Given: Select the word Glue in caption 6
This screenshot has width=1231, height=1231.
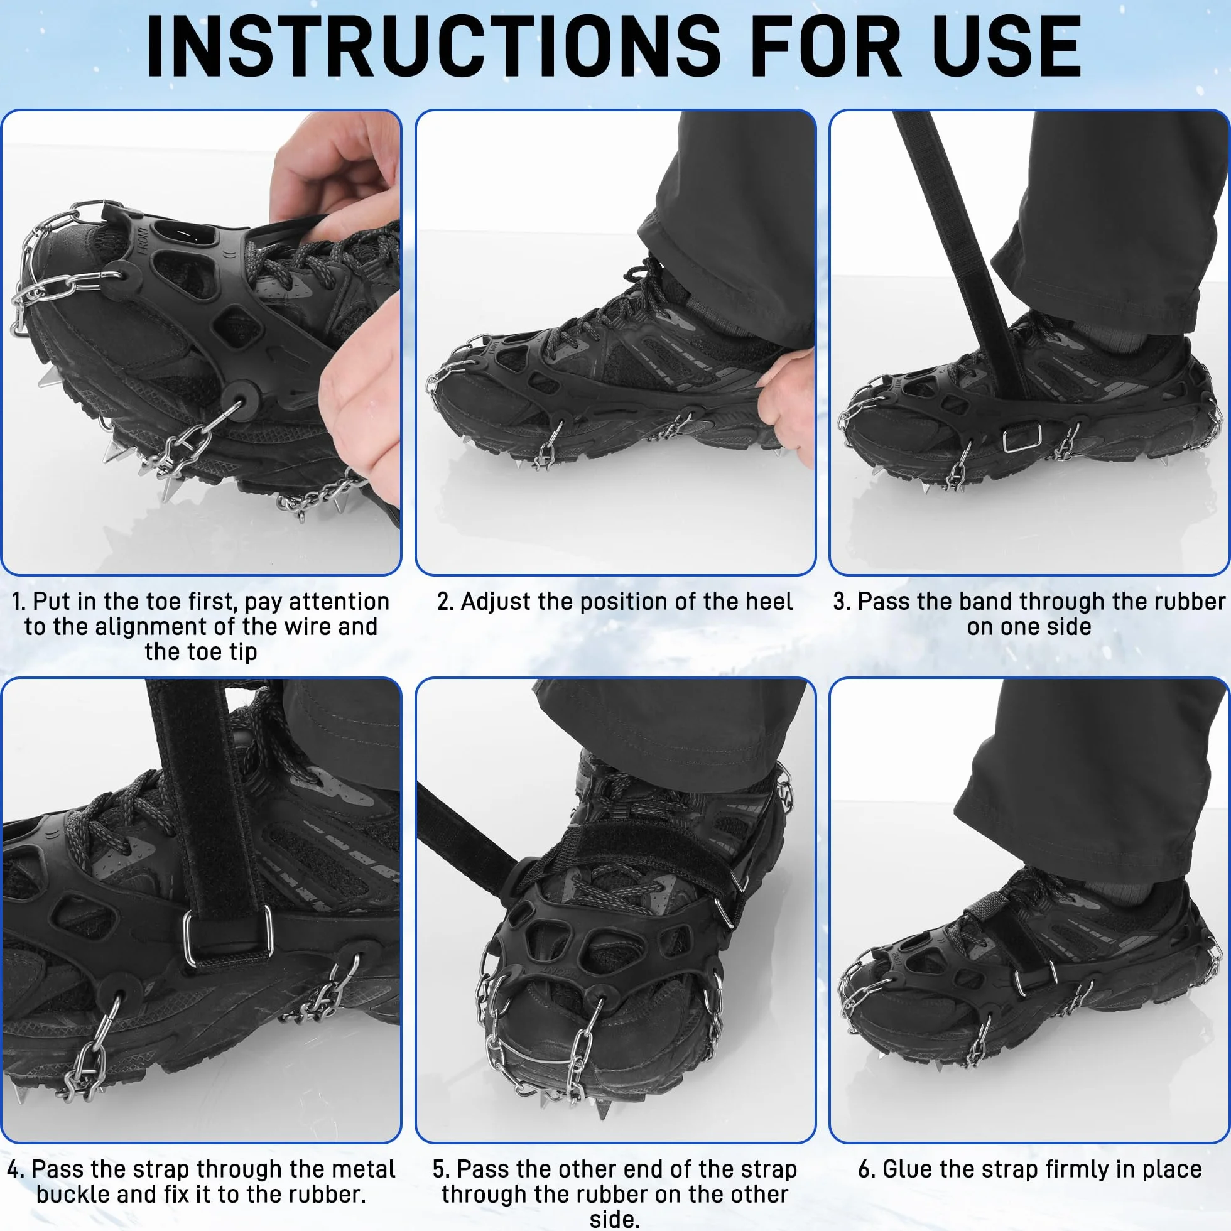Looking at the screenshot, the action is (910, 1169).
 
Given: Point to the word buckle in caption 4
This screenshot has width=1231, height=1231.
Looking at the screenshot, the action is (72, 1194).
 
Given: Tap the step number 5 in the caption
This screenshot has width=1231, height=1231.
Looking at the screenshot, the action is (439, 1169).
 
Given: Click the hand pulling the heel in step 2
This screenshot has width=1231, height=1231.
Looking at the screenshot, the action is (788, 401).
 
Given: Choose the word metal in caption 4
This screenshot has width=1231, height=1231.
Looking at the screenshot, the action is (360, 1169).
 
